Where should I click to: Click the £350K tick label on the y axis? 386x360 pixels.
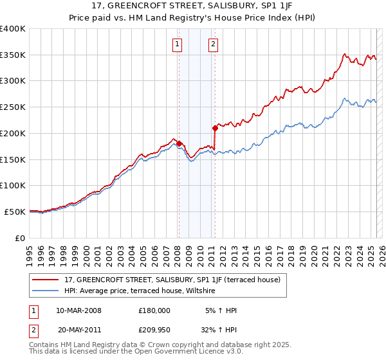pyautogui.click(x=13, y=55)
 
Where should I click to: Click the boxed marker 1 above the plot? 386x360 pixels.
pyautogui.click(x=177, y=44)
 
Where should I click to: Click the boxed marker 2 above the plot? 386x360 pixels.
pyautogui.click(x=213, y=44)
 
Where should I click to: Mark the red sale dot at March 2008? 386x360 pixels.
pyautogui.click(x=179, y=144)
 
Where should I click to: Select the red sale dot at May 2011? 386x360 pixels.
pyautogui.click(x=215, y=128)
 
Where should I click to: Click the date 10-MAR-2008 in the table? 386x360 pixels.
pyautogui.click(x=78, y=310)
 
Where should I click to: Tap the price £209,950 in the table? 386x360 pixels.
pyautogui.click(x=154, y=330)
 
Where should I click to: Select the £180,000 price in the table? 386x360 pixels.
pyautogui.click(x=154, y=310)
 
